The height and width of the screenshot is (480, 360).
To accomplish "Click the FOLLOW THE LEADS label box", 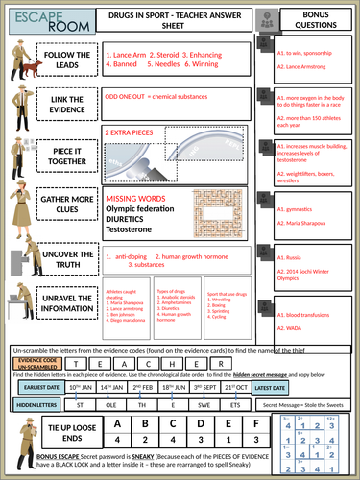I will click(67, 60).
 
